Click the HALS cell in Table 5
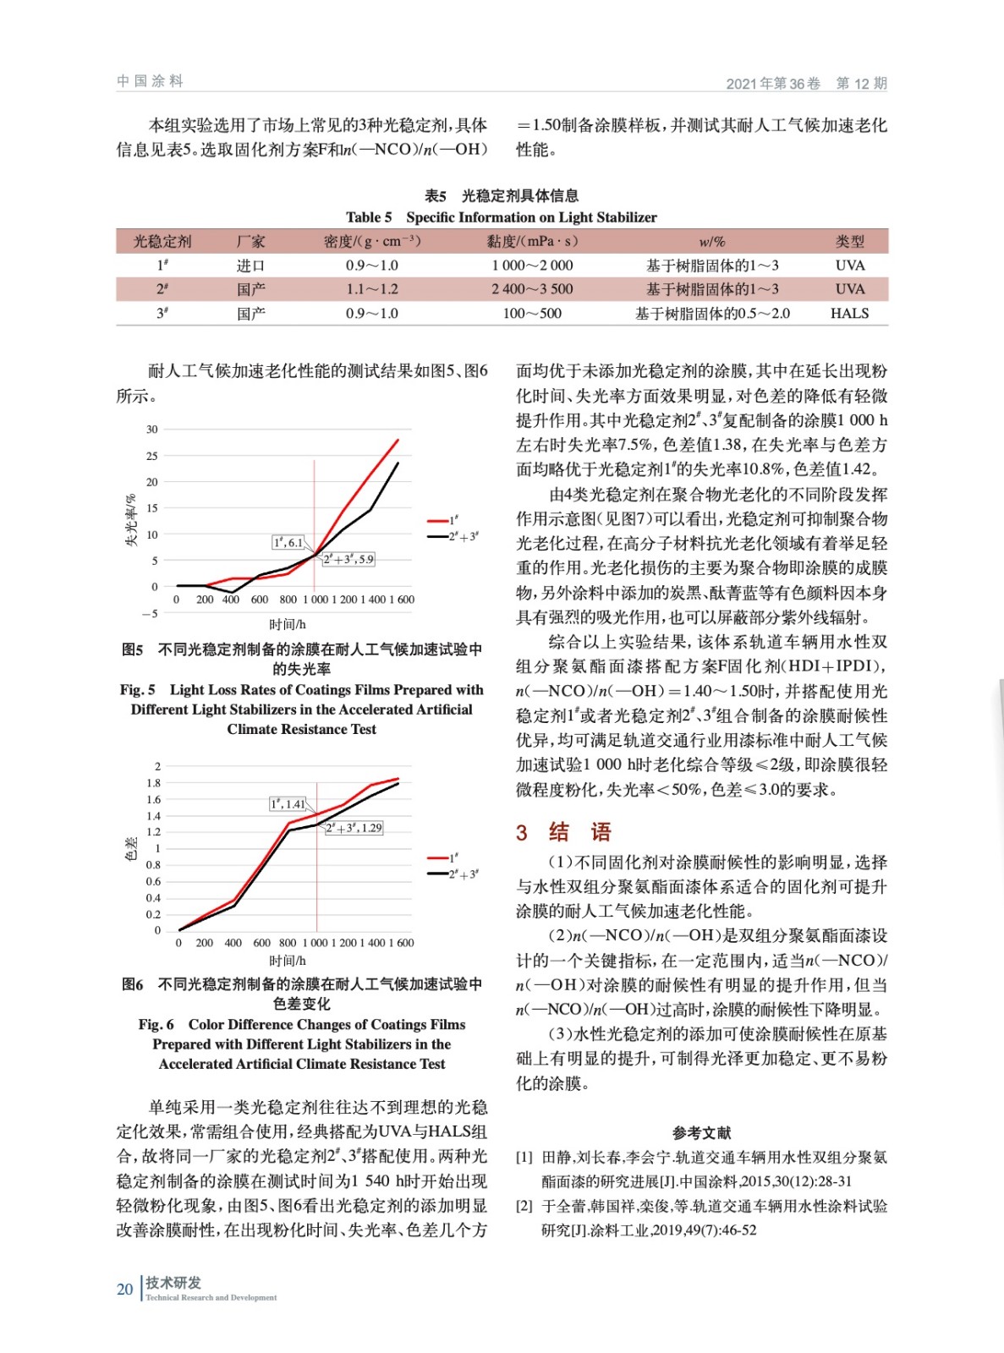coord(849,314)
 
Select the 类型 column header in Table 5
coord(849,242)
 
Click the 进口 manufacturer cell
coord(250,266)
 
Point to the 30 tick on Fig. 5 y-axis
coord(152,430)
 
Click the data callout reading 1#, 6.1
coord(288,542)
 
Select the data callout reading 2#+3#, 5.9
coord(348,559)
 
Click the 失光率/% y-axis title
coord(131,520)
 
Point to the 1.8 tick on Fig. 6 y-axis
coord(153,783)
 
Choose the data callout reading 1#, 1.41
coord(288,803)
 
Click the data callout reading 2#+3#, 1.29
coord(354,828)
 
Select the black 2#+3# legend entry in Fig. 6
coord(453,874)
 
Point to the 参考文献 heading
coord(701,1132)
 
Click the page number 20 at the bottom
coord(124,1289)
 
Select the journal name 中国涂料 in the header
coord(150,81)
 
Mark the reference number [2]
coord(524,1206)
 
